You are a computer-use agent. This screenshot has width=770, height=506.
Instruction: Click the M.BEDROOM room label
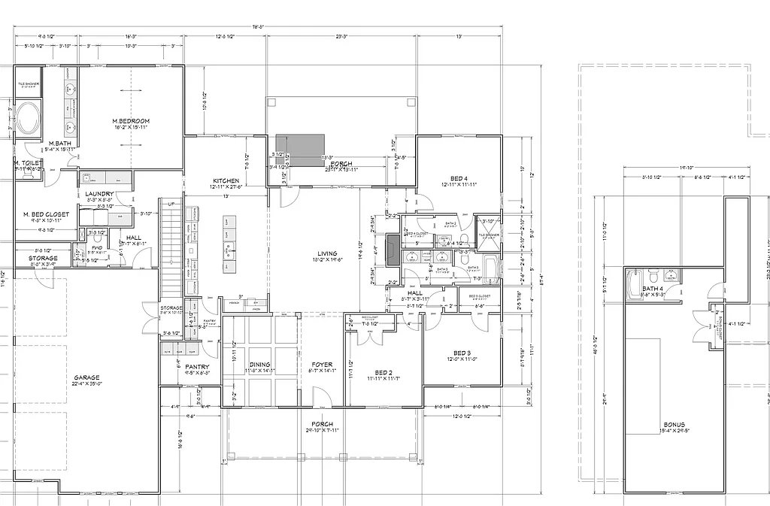(131, 121)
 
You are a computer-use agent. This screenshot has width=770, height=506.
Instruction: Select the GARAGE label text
(86, 377)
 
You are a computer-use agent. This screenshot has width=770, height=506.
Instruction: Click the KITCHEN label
(226, 181)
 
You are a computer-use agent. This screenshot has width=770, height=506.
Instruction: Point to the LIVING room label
(327, 253)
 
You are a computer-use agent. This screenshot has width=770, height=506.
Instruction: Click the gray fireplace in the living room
(393, 250)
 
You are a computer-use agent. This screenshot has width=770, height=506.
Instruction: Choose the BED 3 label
(462, 353)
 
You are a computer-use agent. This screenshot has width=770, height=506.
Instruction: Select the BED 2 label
(383, 372)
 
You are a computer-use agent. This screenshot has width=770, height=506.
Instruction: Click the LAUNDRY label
(99, 194)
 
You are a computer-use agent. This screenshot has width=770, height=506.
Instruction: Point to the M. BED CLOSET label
(46, 214)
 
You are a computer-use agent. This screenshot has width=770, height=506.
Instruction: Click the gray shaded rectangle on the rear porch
(299, 144)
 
